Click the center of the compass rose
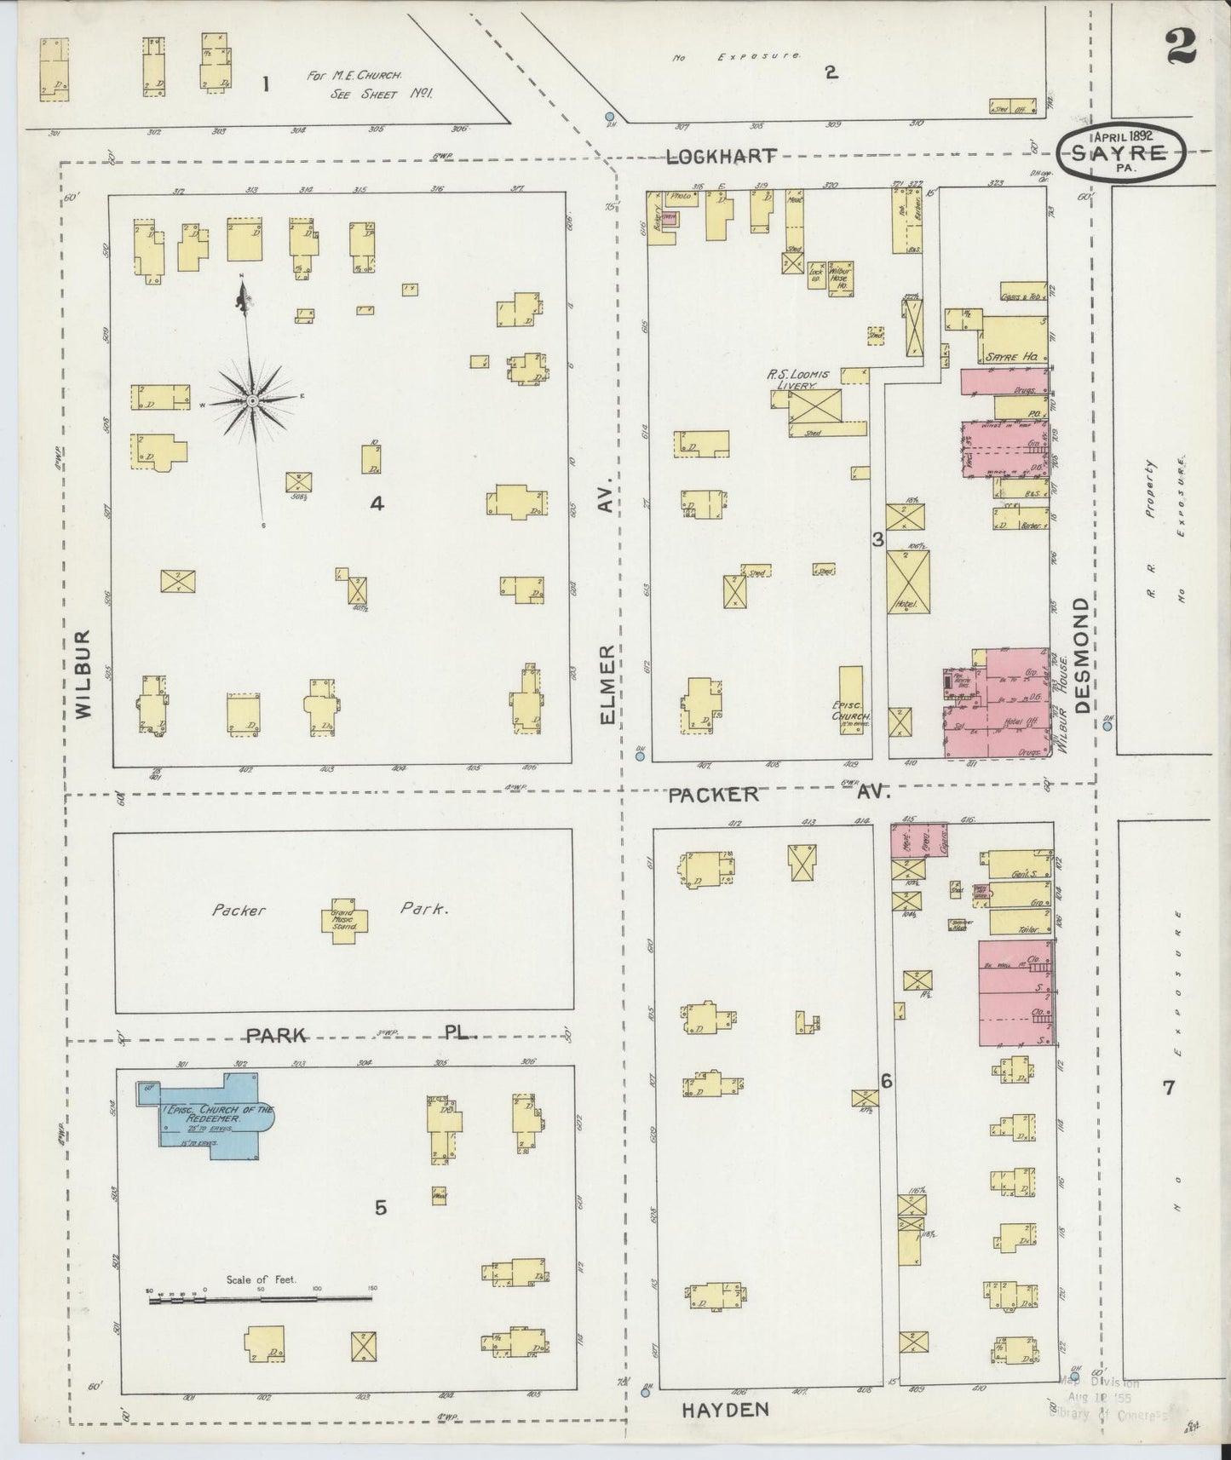point(252,399)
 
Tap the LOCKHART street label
point(722,156)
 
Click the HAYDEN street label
point(726,1410)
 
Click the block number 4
point(377,503)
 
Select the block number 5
point(381,1207)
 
